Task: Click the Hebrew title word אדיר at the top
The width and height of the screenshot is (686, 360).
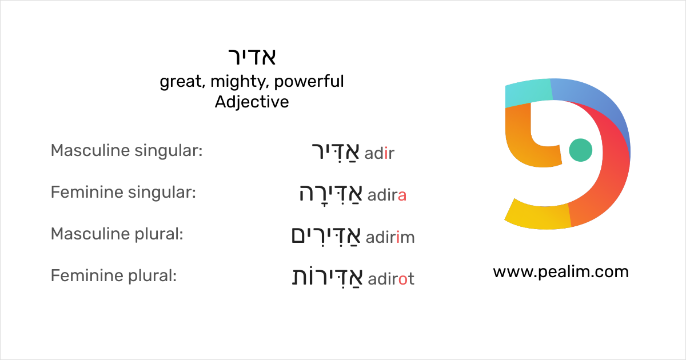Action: (x=252, y=57)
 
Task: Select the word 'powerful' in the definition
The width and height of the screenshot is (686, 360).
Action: (x=309, y=82)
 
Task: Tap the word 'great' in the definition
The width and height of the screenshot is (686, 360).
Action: (x=181, y=82)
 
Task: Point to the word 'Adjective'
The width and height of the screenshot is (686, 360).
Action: (x=252, y=102)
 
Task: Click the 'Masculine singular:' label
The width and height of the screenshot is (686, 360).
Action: (x=127, y=151)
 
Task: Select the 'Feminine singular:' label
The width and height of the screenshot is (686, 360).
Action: (x=123, y=193)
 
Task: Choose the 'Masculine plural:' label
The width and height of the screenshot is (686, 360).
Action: (x=117, y=234)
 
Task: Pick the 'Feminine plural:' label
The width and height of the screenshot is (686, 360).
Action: (x=114, y=276)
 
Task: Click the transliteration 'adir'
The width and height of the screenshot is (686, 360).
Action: (x=380, y=153)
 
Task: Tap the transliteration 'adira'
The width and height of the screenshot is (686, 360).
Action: (x=387, y=195)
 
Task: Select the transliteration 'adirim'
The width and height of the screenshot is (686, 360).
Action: (x=390, y=237)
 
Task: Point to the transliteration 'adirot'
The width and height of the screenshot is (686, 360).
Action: (x=391, y=279)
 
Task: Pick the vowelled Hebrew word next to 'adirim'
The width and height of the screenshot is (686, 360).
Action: (x=326, y=235)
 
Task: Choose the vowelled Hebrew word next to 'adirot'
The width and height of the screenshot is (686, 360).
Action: (x=327, y=277)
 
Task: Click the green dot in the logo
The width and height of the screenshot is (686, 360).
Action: (x=581, y=150)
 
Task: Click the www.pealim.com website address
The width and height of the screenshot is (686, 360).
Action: (x=560, y=271)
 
